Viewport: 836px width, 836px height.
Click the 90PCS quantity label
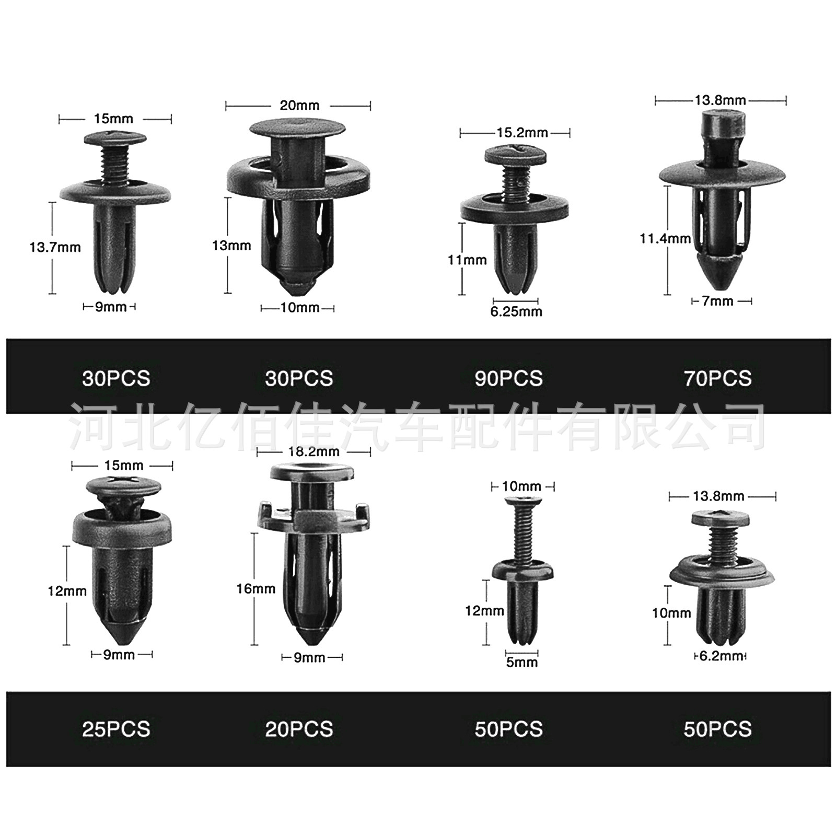[x=508, y=378]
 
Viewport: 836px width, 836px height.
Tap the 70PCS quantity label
[x=717, y=378]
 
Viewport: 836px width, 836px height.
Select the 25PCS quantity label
[x=116, y=729]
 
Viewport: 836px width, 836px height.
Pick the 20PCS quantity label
[x=299, y=729]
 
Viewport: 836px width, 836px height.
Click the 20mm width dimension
[x=299, y=106]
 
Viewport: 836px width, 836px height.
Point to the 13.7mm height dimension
[x=55, y=247]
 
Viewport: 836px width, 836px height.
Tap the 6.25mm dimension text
[x=516, y=312]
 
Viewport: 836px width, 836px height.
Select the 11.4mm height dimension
[x=665, y=239]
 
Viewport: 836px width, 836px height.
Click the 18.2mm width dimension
[x=313, y=451]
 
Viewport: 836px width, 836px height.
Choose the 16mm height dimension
[x=256, y=589]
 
